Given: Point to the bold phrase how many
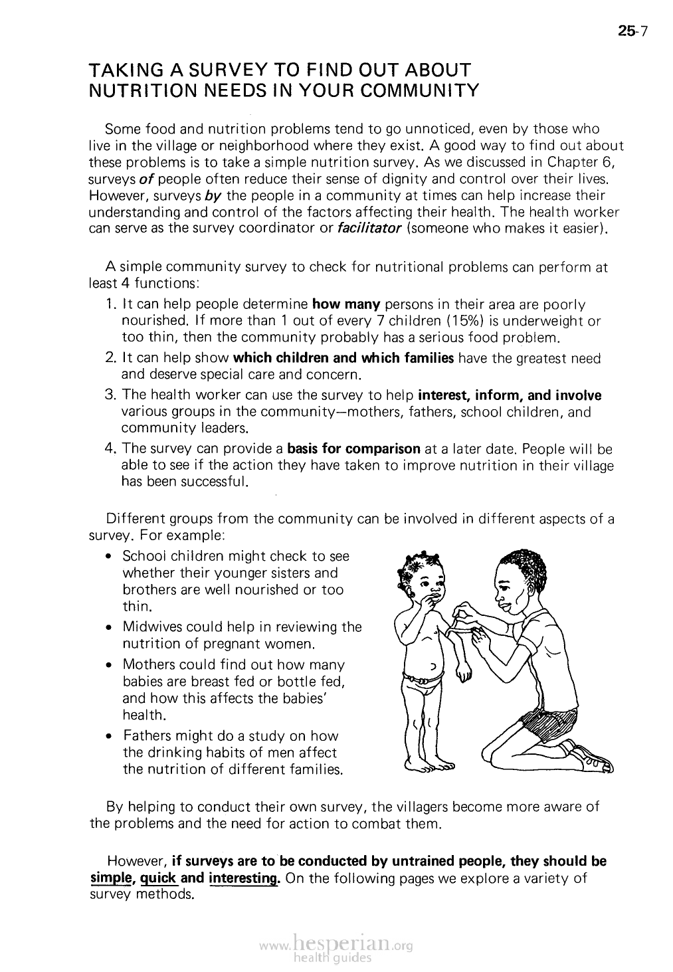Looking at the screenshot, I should click(x=345, y=305).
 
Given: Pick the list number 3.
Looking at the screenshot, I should click(x=111, y=396).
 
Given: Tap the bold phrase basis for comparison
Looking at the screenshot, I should click(x=353, y=448).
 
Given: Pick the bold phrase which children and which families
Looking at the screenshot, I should click(x=343, y=359).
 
